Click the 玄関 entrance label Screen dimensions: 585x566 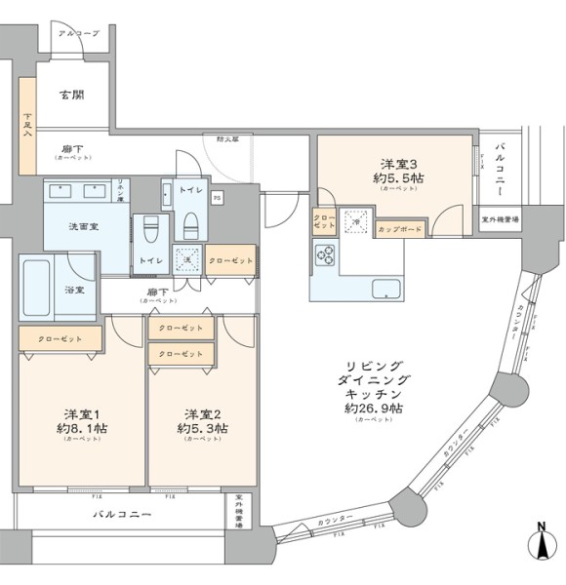pos(70,95)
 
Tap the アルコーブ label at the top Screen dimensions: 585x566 pos(77,33)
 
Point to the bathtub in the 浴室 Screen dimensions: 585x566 pos(37,289)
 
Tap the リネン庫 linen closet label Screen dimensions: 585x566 pos(121,190)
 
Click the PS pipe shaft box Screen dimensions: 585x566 pos(217,198)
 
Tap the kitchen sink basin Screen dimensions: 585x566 pos(384,289)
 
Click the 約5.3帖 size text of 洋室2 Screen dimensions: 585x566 pos(203,427)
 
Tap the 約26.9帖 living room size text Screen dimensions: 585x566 pos(373,407)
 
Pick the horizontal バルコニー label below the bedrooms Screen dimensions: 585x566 pos(122,512)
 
